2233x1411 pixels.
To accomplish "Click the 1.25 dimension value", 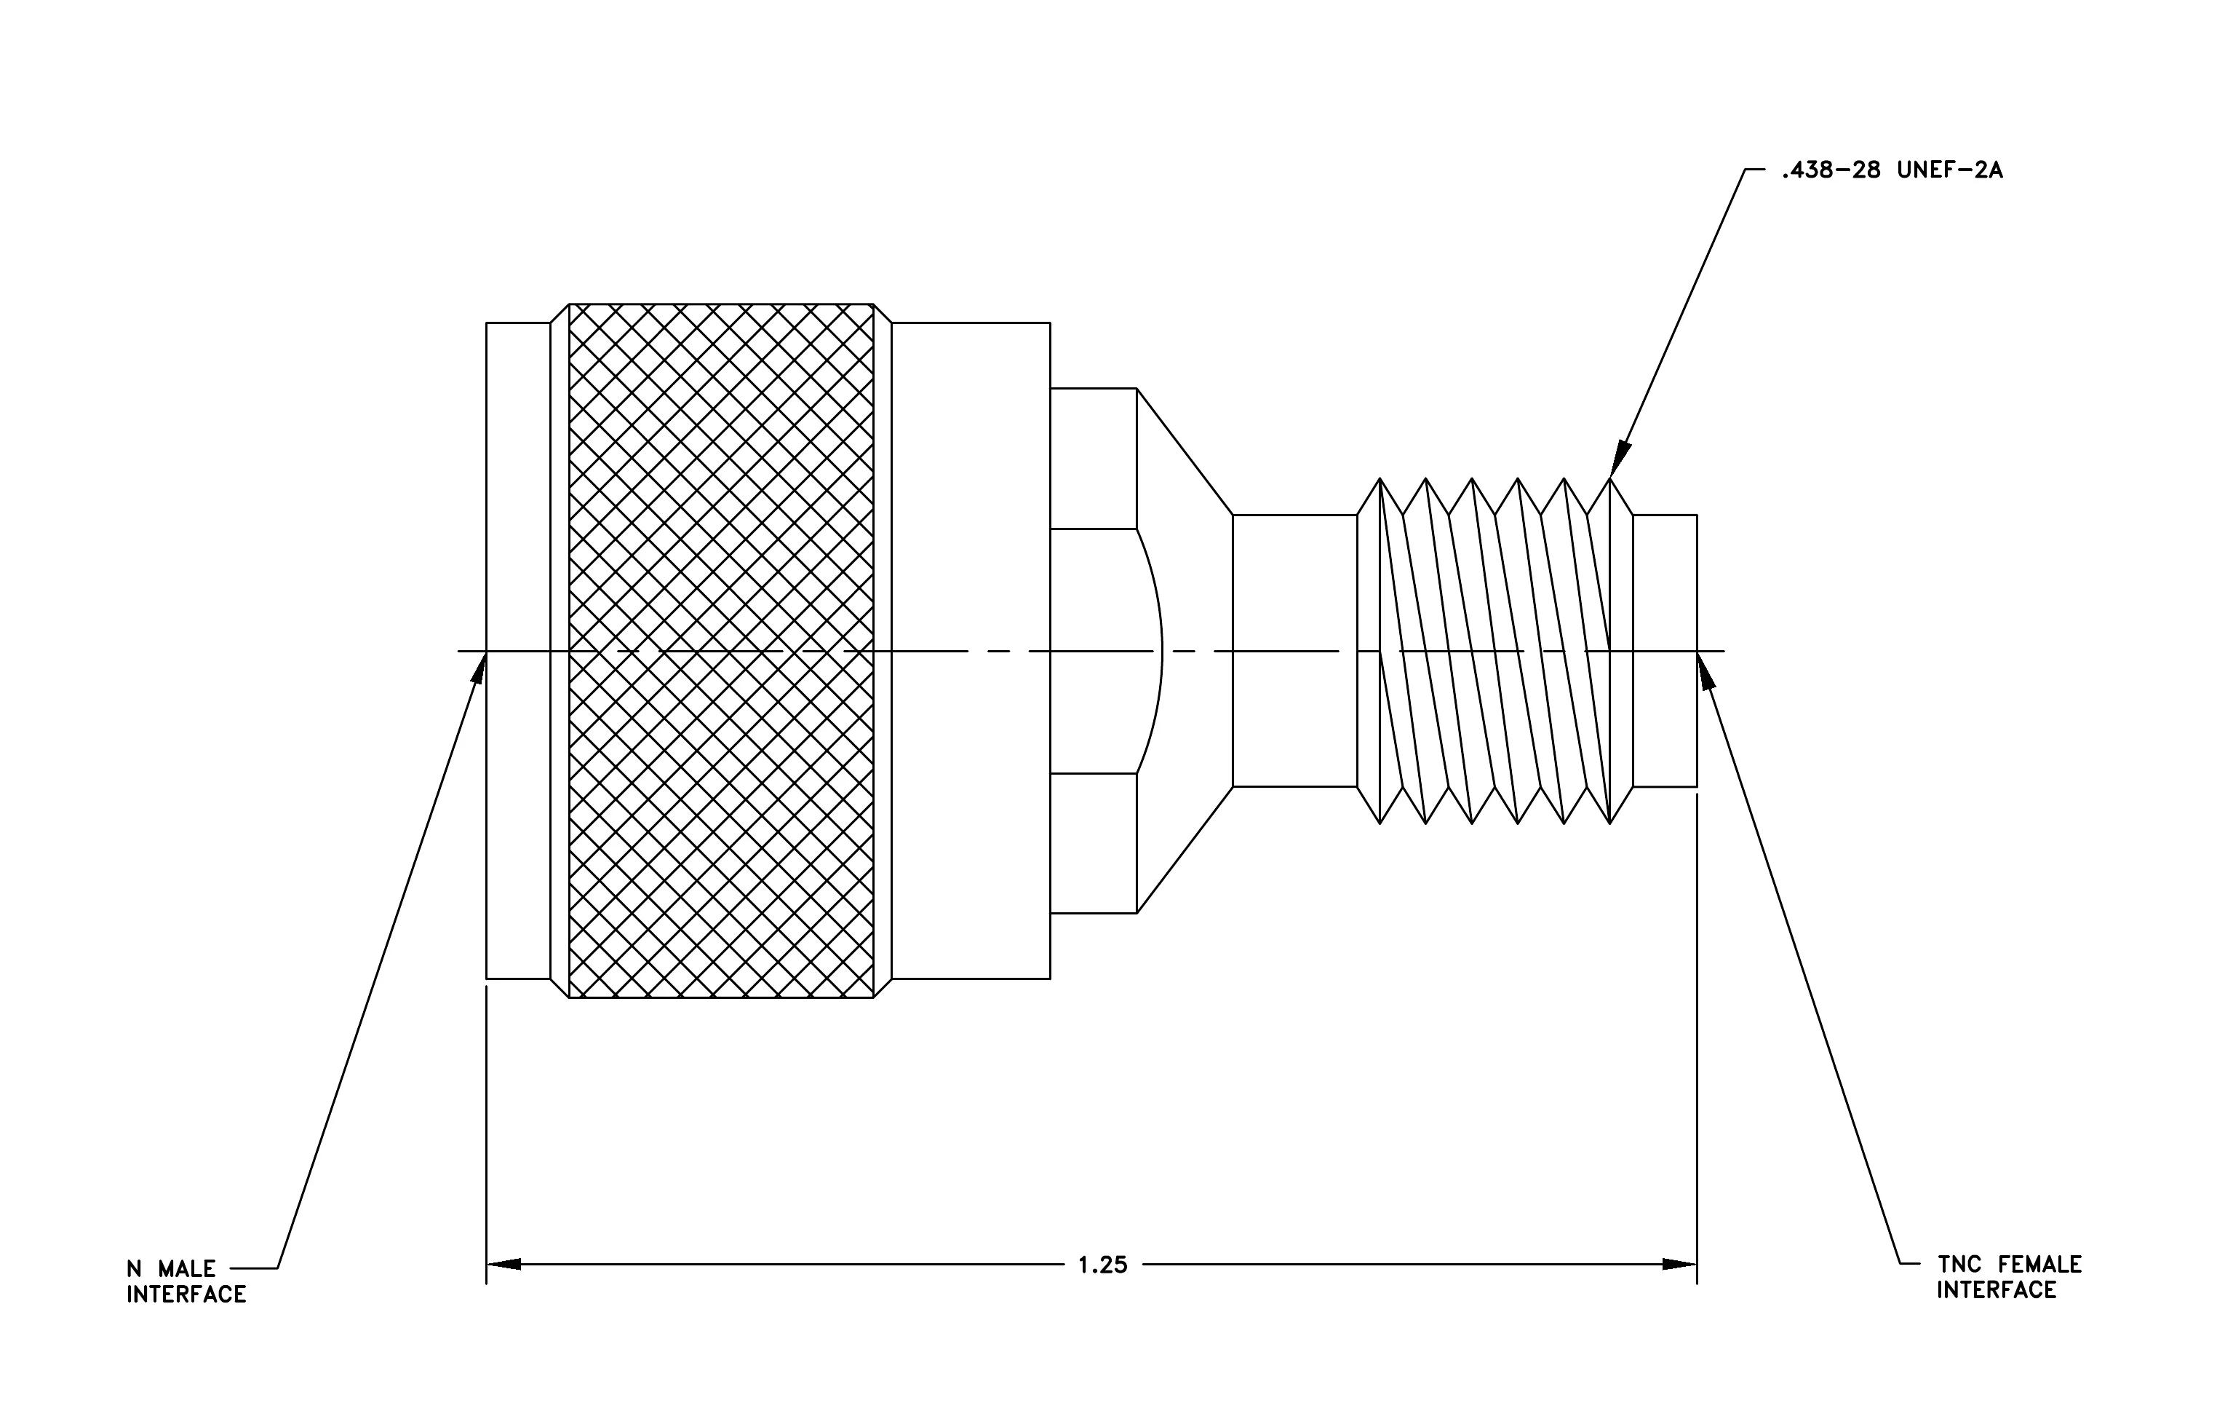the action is tap(1102, 1265).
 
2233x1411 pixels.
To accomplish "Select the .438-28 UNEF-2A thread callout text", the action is tap(1892, 170).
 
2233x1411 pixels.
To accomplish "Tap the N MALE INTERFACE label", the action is tap(186, 1281).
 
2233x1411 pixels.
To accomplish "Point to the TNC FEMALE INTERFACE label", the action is tap(2010, 1278).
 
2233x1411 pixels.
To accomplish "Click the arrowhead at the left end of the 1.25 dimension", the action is tap(503, 1265).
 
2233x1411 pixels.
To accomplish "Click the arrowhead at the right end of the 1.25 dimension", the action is tap(1679, 1265).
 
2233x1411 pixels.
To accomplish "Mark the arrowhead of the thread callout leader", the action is tap(1618, 459).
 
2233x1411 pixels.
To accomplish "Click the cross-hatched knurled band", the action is tap(720, 650).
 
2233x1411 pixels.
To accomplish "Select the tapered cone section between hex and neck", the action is tap(1185, 650).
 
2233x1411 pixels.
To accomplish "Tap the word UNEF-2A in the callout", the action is tap(1950, 170).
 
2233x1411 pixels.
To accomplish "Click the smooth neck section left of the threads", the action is tap(1294, 650).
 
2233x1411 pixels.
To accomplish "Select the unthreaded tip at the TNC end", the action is tap(1665, 650).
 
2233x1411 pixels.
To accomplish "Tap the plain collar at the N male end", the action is tap(518, 650).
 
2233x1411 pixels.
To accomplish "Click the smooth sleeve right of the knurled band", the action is tap(971, 650).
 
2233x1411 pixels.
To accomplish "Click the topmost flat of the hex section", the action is tap(1094, 458).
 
